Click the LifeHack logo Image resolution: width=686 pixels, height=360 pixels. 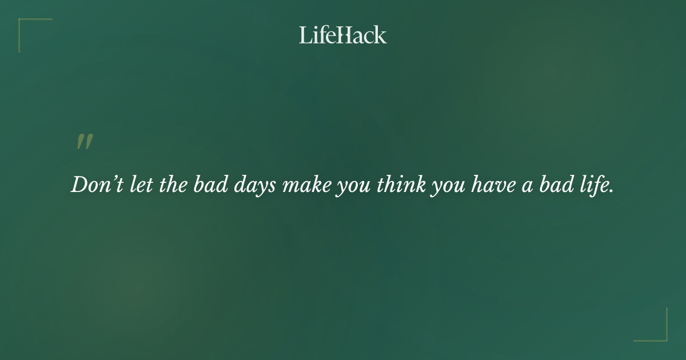coord(343,35)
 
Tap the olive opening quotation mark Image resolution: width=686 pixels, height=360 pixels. coord(85,142)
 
